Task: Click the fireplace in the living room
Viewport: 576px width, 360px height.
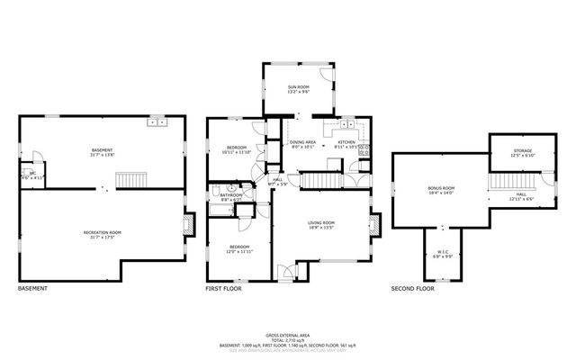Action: click(377, 220)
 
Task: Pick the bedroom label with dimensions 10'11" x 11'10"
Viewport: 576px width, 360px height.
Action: click(237, 148)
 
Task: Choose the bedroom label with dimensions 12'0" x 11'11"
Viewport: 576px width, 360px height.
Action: click(238, 248)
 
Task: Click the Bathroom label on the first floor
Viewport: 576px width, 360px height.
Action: click(231, 195)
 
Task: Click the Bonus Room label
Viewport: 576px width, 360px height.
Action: click(441, 190)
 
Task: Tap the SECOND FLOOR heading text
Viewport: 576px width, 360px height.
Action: click(412, 289)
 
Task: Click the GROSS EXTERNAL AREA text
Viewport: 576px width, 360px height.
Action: click(287, 333)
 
